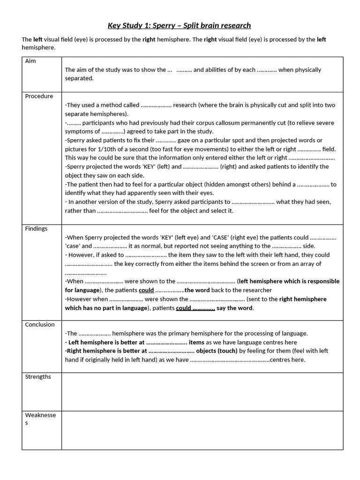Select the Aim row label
(x=30, y=61)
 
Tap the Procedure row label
(x=39, y=96)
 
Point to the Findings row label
(x=36, y=229)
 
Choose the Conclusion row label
(x=40, y=324)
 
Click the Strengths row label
(x=38, y=377)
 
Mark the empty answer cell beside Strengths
(x=202, y=391)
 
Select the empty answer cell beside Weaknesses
(x=202, y=430)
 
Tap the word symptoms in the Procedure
(x=78, y=132)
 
